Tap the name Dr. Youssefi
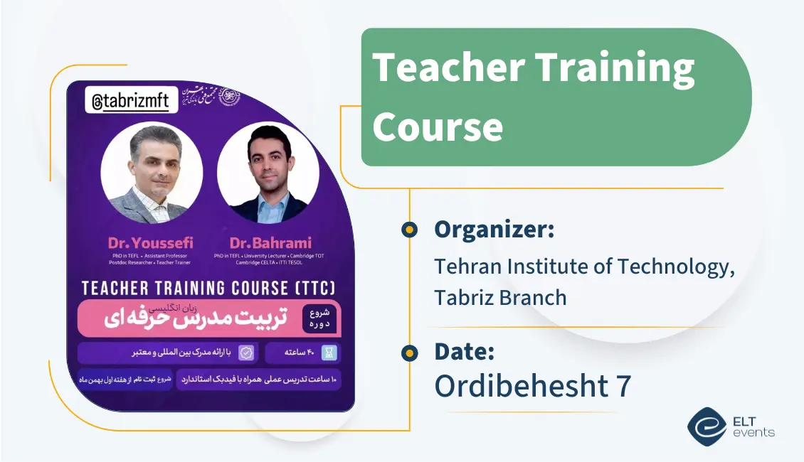(151, 242)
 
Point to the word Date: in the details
(464, 351)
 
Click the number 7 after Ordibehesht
(623, 386)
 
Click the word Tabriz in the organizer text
(463, 296)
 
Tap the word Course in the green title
(438, 126)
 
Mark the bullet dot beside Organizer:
(409, 230)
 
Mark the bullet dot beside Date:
(409, 352)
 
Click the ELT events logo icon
(706, 425)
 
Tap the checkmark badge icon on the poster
(246, 353)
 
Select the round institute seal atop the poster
(229, 95)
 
